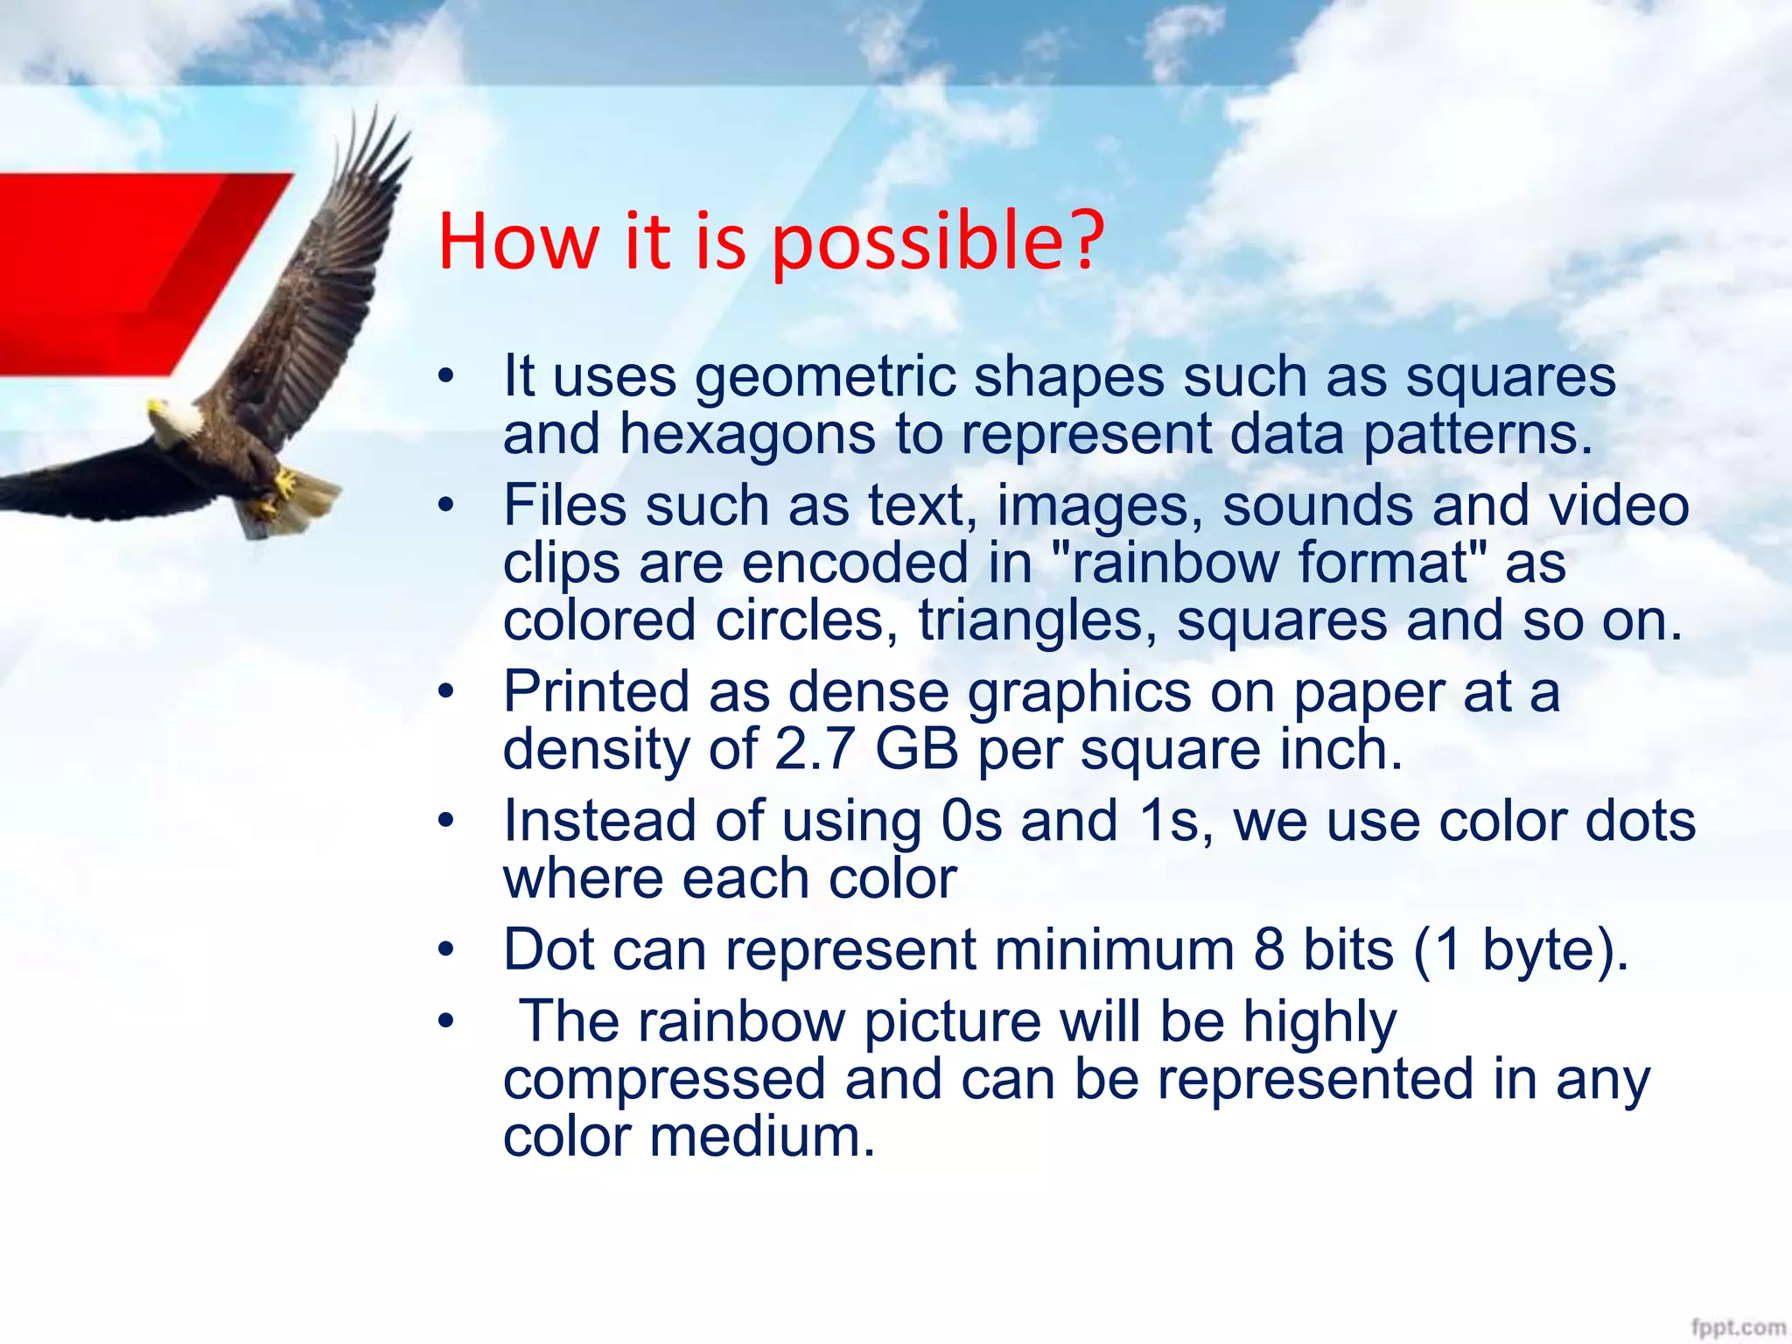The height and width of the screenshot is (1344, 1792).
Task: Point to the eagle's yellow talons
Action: tap(282, 486)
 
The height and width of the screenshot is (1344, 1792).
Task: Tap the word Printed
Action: tap(596, 692)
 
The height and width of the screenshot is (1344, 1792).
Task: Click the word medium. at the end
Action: tap(761, 1137)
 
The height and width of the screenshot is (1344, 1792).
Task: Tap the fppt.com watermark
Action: tap(1738, 1326)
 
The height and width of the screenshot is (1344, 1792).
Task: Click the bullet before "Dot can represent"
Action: tap(447, 950)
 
